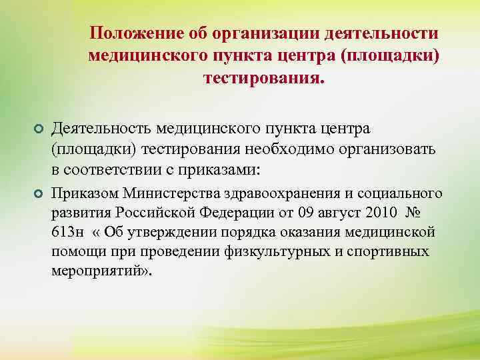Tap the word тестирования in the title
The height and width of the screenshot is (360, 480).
[260, 78]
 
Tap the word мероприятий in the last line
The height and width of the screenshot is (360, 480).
[100, 272]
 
